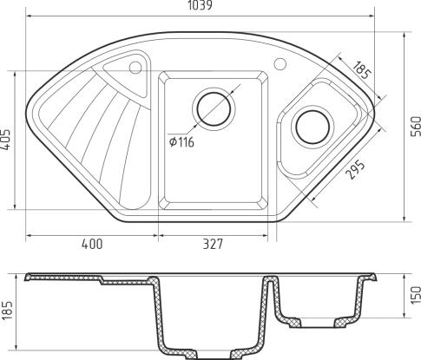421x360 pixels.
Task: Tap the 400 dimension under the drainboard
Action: [92, 244]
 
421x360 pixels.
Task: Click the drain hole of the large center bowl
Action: [214, 108]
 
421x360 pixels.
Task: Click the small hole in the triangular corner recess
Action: [135, 67]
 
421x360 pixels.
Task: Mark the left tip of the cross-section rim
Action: [27, 278]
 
